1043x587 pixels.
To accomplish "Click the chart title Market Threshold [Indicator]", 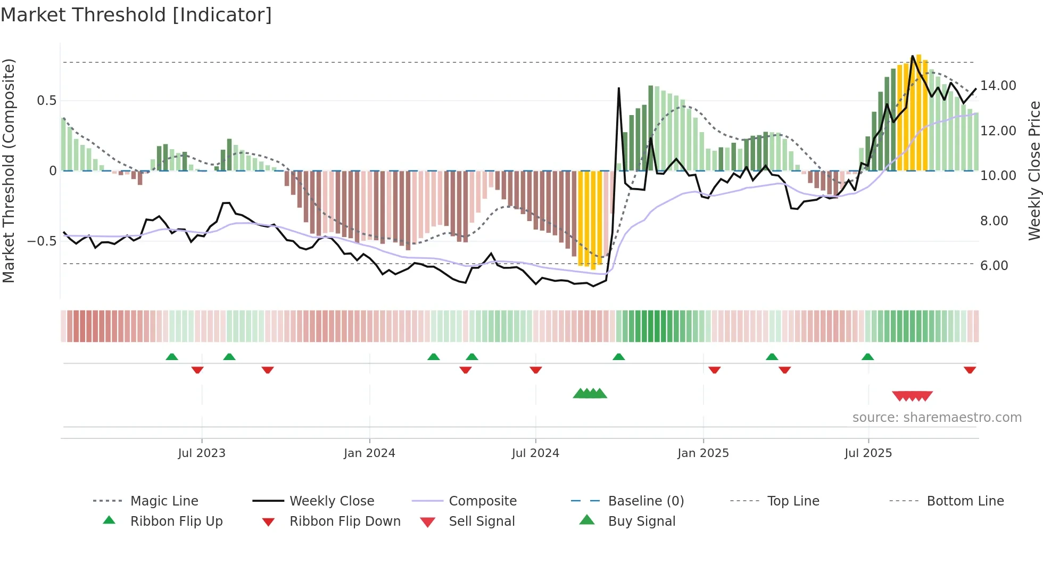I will click(136, 15).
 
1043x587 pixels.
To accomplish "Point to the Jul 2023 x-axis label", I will click(202, 453).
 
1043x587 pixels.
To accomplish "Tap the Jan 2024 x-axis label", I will click(369, 453).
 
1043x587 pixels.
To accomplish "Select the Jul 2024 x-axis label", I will click(535, 453).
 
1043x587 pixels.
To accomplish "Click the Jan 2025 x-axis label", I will click(703, 453).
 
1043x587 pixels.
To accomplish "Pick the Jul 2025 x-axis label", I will click(868, 453).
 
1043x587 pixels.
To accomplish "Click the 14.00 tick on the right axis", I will click(998, 86).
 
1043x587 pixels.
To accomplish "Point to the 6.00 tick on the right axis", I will click(994, 266).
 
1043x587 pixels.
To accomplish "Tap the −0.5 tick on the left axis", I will click(42, 241).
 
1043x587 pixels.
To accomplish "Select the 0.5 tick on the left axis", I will click(46, 101).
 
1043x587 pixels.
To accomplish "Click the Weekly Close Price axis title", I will click(1034, 170).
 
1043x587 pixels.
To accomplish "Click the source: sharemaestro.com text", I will click(937, 418).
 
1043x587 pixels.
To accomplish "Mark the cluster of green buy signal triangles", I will click(590, 394).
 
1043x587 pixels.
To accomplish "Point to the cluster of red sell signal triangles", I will click(912, 396).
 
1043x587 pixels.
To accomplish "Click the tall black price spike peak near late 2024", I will click(619, 88).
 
